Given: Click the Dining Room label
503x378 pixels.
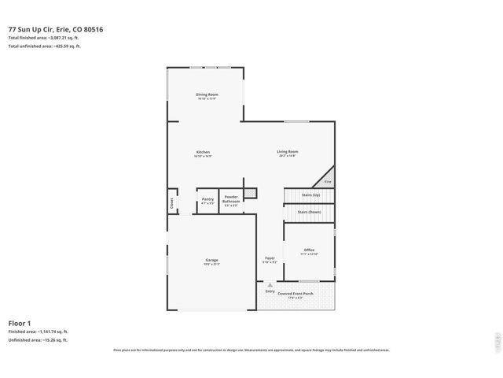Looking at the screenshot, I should [x=207, y=94].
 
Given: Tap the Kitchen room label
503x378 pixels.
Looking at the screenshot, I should [x=202, y=152].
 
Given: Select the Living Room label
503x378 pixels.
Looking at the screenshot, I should [x=287, y=152].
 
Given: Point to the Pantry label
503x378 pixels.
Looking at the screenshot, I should [x=207, y=199].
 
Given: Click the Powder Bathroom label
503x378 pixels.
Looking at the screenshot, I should [x=231, y=198].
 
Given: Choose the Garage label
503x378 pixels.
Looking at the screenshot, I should [x=211, y=260].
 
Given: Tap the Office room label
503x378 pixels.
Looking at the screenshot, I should [x=309, y=250].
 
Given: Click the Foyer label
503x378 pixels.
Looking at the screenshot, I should [x=270, y=258].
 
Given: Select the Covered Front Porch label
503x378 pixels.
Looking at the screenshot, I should [x=295, y=293].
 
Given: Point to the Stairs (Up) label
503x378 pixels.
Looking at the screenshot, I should [x=310, y=194].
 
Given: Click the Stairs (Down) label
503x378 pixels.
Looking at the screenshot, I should [x=309, y=211].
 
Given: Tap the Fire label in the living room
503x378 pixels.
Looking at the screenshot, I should [x=328, y=182].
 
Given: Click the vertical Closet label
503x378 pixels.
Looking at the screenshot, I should [x=171, y=202].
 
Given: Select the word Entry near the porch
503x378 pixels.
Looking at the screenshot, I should [x=270, y=291].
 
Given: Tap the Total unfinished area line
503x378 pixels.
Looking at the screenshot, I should [x=44, y=46].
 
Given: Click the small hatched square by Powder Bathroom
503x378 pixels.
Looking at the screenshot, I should [x=250, y=193].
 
